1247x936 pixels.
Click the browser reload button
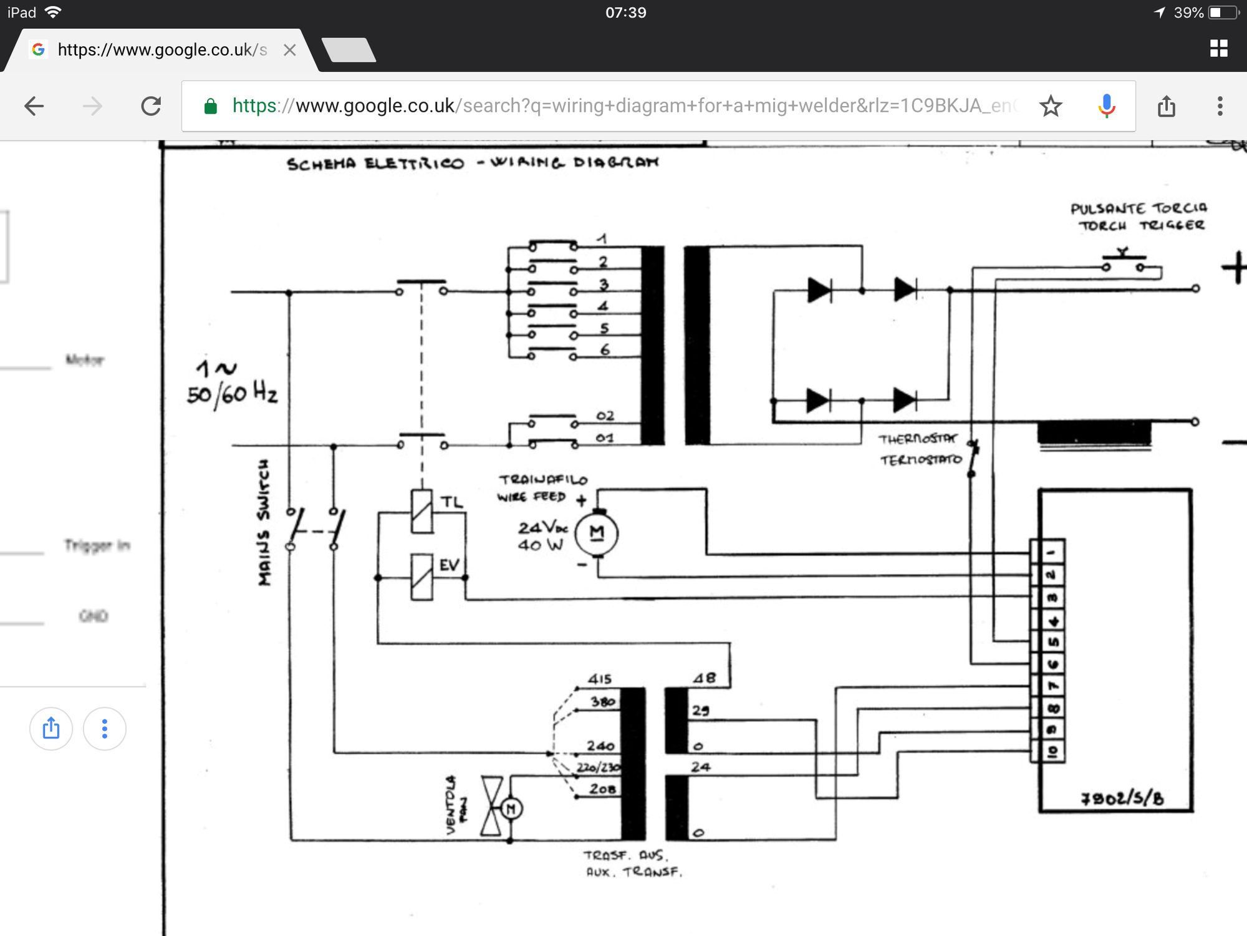pyautogui.click(x=151, y=106)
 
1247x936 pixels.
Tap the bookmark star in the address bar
pyautogui.click(x=1051, y=106)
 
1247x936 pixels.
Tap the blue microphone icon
pyautogui.click(x=1107, y=106)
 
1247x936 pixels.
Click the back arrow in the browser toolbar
pyautogui.click(x=34, y=106)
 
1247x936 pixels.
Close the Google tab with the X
pyautogui.click(x=289, y=50)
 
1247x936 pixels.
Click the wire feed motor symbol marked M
pyautogui.click(x=597, y=533)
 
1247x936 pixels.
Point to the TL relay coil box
pyautogui.click(x=422, y=511)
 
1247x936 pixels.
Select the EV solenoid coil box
pyautogui.click(x=422, y=577)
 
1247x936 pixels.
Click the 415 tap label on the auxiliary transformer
pyautogui.click(x=600, y=679)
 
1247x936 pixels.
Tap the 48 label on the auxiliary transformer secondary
pyautogui.click(x=705, y=678)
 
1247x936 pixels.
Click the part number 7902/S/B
pyautogui.click(x=1122, y=798)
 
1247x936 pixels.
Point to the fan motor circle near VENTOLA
pyautogui.click(x=511, y=809)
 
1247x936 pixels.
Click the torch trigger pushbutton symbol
pyautogui.click(x=1124, y=262)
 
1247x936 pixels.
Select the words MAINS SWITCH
pyautogui.click(x=264, y=523)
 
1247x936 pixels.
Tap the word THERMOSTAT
pyautogui.click(x=917, y=439)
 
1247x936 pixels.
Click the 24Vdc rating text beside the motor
pyautogui.click(x=542, y=528)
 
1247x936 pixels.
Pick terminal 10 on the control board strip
pyautogui.click(x=1052, y=751)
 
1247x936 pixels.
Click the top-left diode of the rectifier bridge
pyautogui.click(x=819, y=290)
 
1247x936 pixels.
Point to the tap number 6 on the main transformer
pyautogui.click(x=605, y=350)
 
